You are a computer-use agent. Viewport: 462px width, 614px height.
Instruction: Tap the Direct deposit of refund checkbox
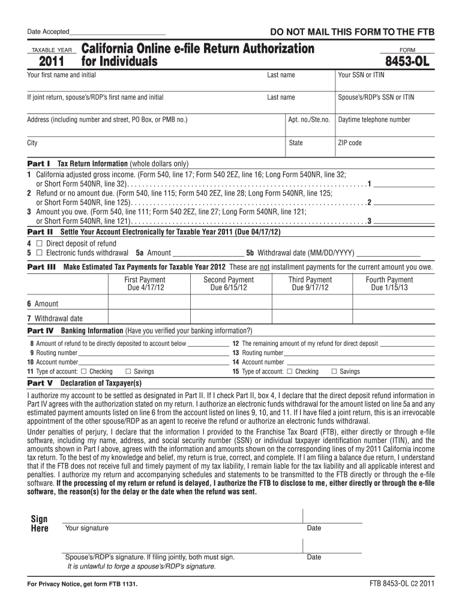pyautogui.click(x=39, y=244)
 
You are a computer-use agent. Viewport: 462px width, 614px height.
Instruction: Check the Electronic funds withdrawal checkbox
pyautogui.click(x=39, y=253)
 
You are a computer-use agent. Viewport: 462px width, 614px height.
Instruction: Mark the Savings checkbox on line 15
pyautogui.click(x=334, y=372)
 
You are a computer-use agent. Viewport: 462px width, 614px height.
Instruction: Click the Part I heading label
pyautogui.click(x=39, y=164)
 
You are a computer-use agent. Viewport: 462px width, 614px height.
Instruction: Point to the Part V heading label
pyautogui.click(x=40, y=383)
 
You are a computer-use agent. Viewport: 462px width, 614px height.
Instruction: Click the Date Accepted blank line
pyautogui.click(x=117, y=31)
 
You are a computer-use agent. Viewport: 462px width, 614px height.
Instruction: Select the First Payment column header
pyautogui.click(x=145, y=280)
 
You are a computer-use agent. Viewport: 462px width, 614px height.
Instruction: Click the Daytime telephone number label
pyautogui.click(x=374, y=120)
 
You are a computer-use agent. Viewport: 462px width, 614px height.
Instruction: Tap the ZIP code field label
pyautogui.click(x=350, y=143)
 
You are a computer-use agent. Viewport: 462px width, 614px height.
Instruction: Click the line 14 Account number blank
pyautogui.click(x=360, y=363)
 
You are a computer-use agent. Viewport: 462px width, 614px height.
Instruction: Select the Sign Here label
pyautogui.click(x=39, y=523)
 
